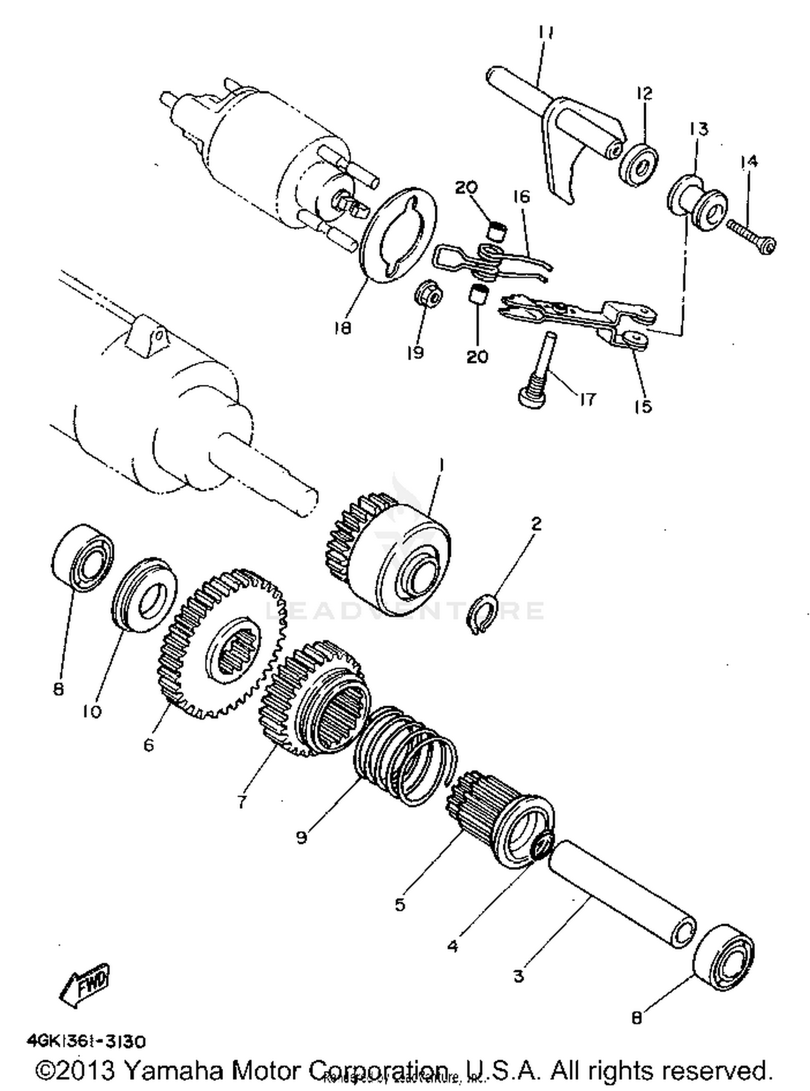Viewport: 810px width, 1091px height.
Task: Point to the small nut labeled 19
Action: point(429,294)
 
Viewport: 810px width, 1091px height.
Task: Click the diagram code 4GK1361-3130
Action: point(85,1041)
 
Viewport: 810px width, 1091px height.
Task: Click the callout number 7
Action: point(241,802)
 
